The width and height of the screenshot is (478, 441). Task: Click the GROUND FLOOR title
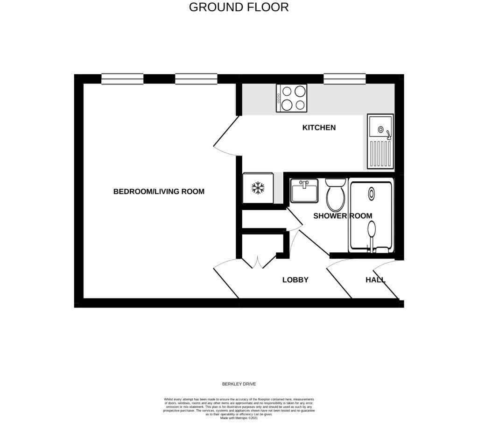pos(239,7)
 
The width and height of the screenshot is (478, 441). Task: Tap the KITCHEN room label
pos(319,128)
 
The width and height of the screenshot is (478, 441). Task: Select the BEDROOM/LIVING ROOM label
pos(159,192)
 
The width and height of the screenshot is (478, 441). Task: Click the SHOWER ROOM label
pos(342,216)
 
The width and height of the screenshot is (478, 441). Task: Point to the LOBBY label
pos(295,280)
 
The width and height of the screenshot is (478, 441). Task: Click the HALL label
pos(375,280)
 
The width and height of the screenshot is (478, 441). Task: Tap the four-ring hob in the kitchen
pos(292,98)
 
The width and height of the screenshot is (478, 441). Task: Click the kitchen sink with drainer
pos(380,141)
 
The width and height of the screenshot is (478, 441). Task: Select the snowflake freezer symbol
pos(258,188)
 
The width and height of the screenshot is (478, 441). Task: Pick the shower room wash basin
pos(304,191)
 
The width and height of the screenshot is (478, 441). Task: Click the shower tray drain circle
pos(372,193)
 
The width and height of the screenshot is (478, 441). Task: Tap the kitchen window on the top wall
pos(344,79)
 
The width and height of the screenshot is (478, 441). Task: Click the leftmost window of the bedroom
pos(122,79)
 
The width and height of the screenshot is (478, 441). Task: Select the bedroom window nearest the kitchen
pos(196,79)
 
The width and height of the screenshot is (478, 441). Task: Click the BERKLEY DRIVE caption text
pos(239,384)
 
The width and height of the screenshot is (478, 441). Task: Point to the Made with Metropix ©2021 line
pos(239,418)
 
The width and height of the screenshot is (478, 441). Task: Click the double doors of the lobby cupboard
pos(257,263)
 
